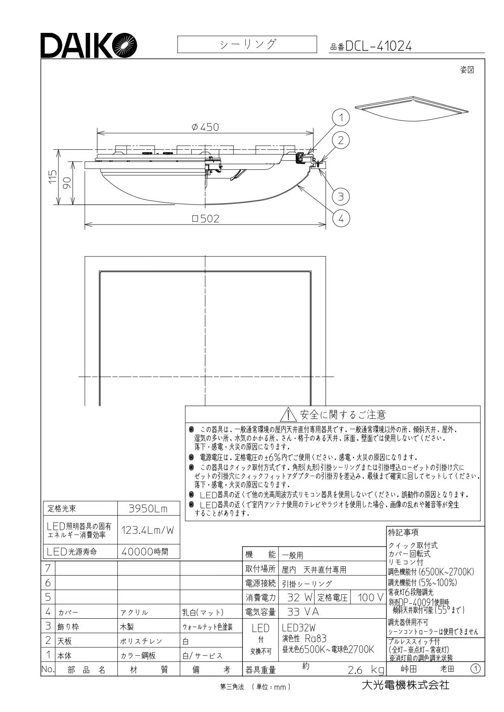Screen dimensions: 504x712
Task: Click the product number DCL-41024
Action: pos(378,46)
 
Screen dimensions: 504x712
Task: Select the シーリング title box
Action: pos(247,44)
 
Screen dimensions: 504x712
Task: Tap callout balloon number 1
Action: pos(341,118)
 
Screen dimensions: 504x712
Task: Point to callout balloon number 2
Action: pos(341,140)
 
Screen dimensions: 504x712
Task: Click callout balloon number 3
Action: pos(341,196)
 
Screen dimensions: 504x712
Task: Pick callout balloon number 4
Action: pos(341,218)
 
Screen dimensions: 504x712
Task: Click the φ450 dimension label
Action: pos(205,127)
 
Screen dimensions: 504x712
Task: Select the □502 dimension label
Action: pos(205,219)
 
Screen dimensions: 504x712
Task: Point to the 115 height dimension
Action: pos(52,177)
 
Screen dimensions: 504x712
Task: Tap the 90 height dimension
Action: pos(67,183)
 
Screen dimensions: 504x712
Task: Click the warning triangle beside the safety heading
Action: pos(288,414)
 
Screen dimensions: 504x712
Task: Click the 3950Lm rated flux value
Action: pos(148,509)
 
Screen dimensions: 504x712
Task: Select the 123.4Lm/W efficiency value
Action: pos(147,530)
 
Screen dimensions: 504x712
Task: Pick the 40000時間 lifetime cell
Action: pos(145,552)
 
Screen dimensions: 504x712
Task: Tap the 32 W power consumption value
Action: pos(300,597)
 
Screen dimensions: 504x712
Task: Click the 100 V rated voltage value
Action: pos(370,597)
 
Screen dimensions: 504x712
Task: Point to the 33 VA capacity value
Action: pos(303,612)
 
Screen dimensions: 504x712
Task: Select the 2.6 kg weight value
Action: pos(366,669)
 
